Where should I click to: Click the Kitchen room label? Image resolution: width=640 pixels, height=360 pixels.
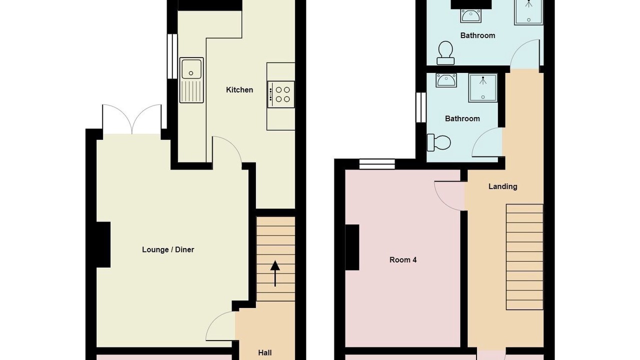[x=239, y=89]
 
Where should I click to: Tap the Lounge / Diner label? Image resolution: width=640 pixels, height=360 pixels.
[x=168, y=249]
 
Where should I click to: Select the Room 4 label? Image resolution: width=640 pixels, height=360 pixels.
[x=403, y=259]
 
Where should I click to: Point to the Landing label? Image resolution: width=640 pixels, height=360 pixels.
[x=502, y=186]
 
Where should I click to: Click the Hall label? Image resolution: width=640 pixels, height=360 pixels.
[x=265, y=353]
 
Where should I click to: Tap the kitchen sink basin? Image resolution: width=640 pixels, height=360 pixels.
[x=191, y=69]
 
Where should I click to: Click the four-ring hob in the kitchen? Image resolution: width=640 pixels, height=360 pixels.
[x=281, y=94]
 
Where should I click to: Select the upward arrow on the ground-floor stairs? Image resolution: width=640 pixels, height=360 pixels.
[x=275, y=273]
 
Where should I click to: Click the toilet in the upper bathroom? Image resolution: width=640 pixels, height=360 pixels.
[x=445, y=53]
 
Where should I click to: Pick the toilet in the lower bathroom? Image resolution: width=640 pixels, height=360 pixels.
[x=438, y=142]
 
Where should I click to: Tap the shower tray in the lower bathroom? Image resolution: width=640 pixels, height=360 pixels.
[x=483, y=87]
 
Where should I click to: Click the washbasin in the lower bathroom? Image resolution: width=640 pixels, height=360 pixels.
[x=446, y=80]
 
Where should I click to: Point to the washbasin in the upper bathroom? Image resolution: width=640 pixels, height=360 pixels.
[x=471, y=15]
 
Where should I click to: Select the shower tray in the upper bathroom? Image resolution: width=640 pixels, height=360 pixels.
[x=528, y=12]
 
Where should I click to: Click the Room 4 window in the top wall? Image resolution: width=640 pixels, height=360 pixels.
[x=377, y=164]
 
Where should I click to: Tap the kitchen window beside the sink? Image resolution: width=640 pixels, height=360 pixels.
[x=172, y=56]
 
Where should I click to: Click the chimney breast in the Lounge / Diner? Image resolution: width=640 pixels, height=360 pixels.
[x=103, y=244]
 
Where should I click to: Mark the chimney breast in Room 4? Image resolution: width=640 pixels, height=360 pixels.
[x=352, y=247]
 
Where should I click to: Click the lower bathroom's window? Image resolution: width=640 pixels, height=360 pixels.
[x=421, y=107]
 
